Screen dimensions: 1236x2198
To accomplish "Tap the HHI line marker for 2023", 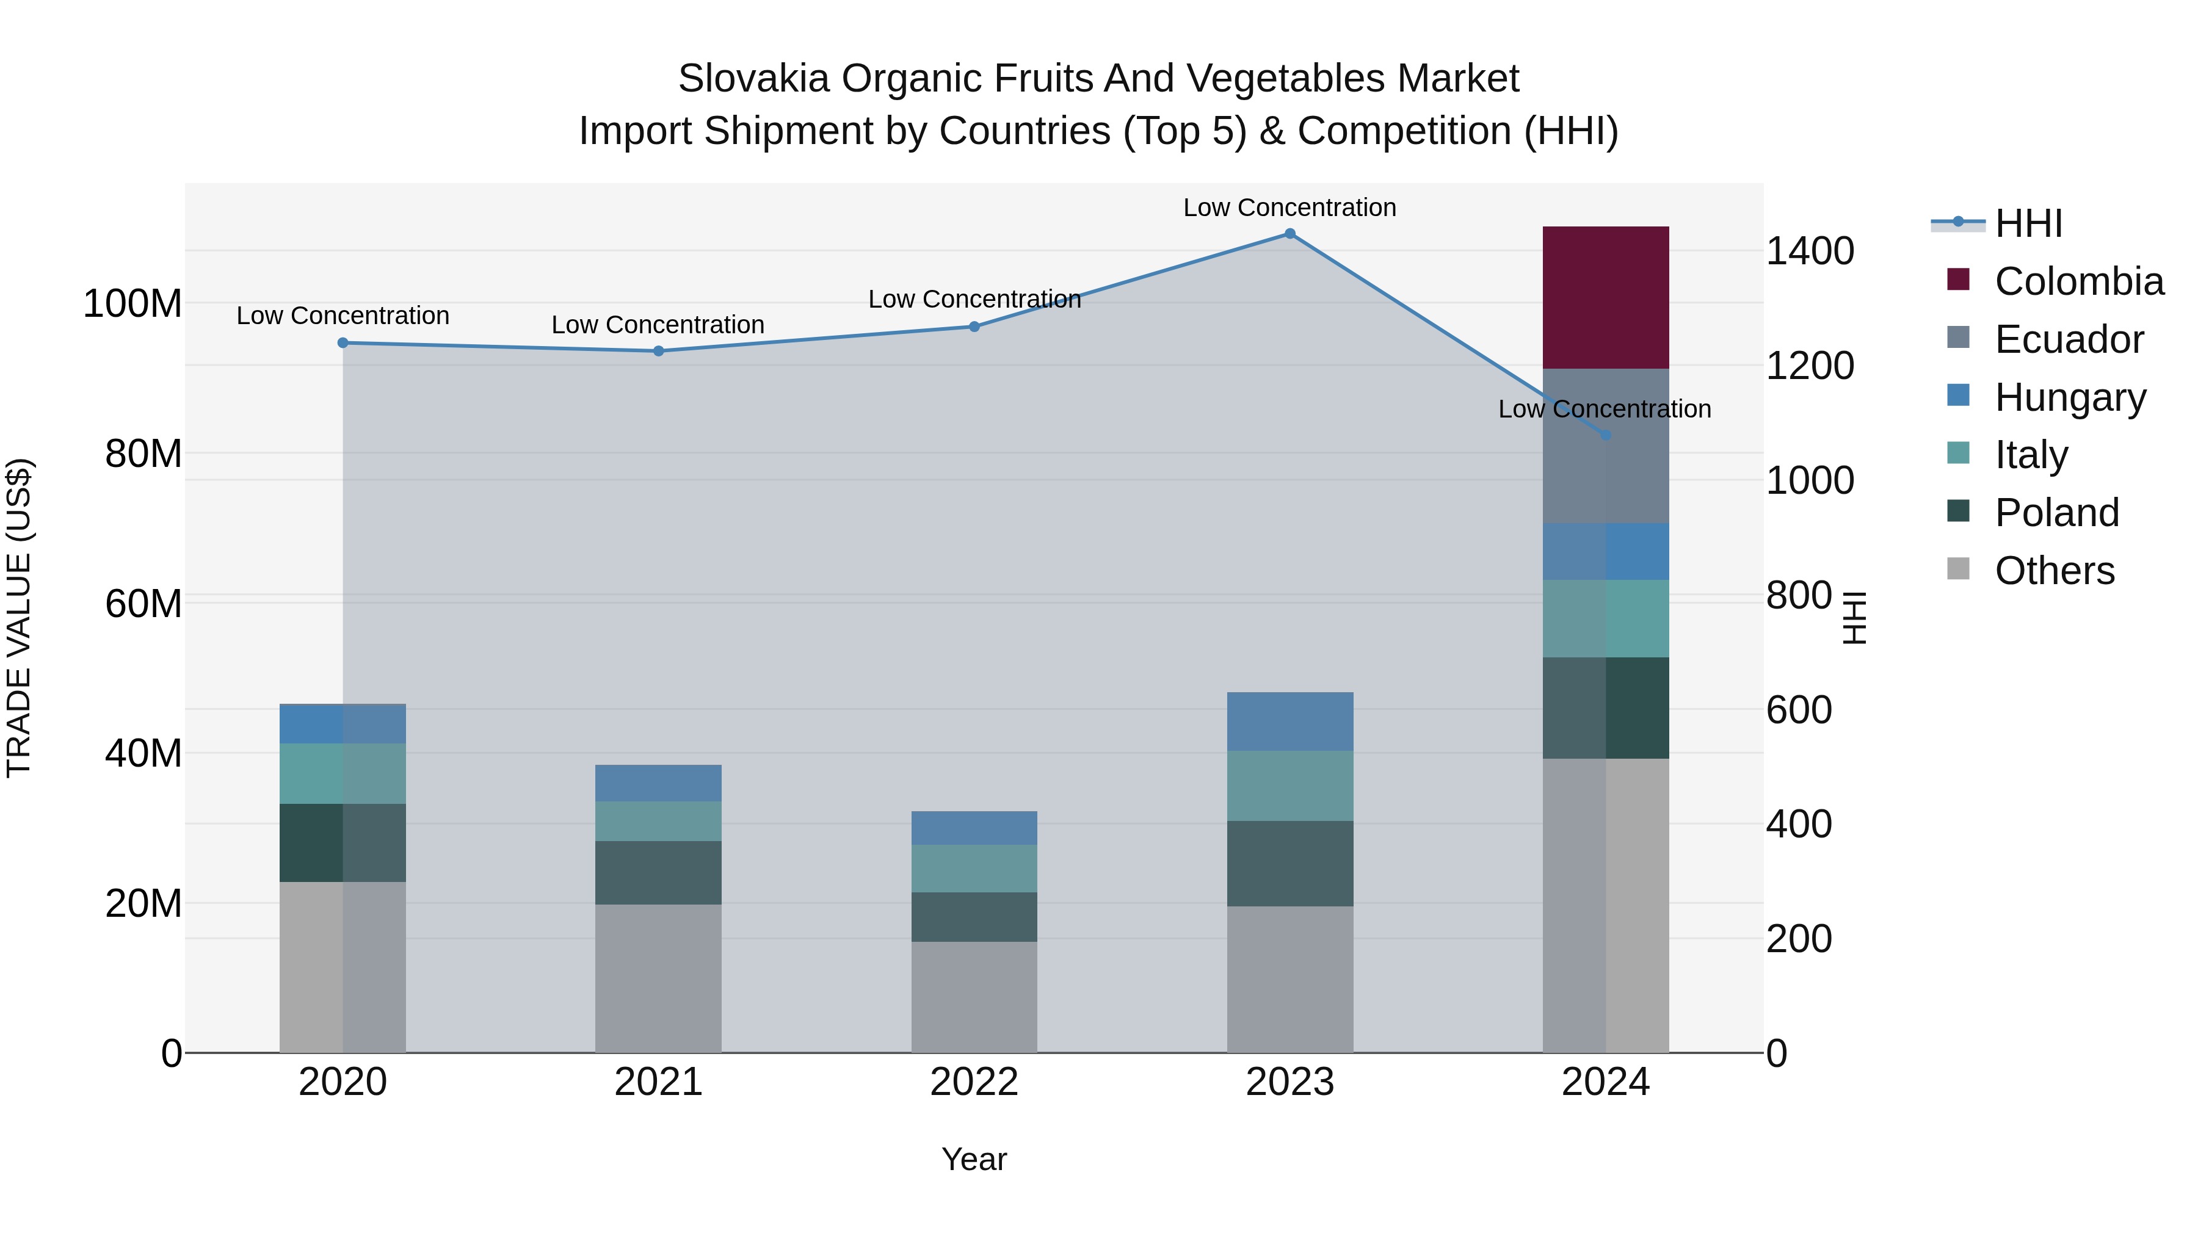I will (1289, 234).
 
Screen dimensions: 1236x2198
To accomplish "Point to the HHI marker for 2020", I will (343, 343).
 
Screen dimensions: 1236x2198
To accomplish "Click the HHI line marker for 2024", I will (1605, 435).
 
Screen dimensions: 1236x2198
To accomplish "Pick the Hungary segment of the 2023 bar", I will (1289, 721).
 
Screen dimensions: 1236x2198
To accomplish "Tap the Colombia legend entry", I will (2078, 281).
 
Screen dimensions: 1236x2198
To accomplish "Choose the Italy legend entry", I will (2031, 455).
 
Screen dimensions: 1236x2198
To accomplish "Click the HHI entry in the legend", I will (2028, 223).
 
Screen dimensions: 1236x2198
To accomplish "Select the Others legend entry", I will (2054, 571).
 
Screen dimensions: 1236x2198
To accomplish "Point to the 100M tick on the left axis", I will (132, 304).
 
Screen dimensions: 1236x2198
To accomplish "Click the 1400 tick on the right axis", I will (1809, 251).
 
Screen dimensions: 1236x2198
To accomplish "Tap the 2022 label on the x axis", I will (974, 1082).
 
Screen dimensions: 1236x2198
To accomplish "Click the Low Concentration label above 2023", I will (1289, 208).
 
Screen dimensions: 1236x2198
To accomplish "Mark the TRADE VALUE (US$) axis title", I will (19, 618).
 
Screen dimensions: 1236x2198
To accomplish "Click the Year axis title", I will (974, 1159).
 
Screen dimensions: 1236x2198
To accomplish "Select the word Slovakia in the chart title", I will (753, 79).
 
